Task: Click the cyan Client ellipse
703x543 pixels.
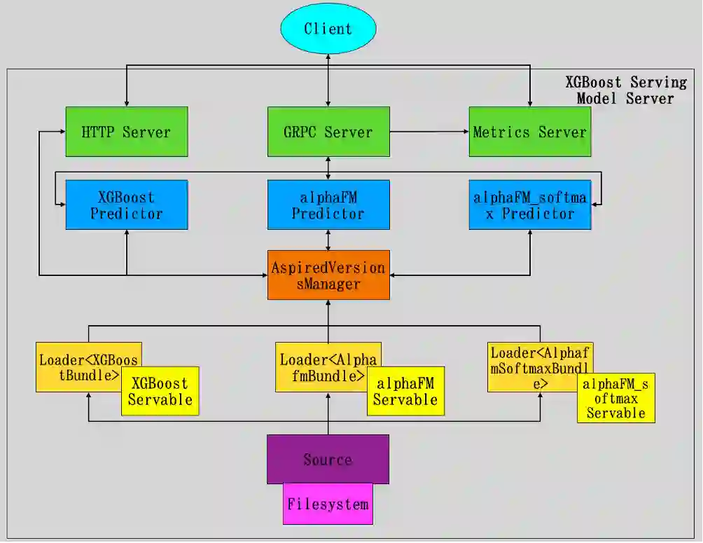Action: pyautogui.click(x=328, y=29)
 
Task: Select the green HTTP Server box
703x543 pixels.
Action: pyautogui.click(x=126, y=132)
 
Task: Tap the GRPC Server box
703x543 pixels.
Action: pyautogui.click(x=328, y=132)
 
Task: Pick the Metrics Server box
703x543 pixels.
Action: pyautogui.click(x=529, y=132)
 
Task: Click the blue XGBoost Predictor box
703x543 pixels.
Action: pyautogui.click(x=126, y=205)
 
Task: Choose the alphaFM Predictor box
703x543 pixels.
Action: pyautogui.click(x=328, y=205)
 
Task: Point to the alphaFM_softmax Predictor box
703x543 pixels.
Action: pyautogui.click(x=529, y=205)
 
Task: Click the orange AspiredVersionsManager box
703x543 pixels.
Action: pyautogui.click(x=328, y=275)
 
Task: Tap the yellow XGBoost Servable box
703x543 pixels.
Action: pyautogui.click(x=160, y=392)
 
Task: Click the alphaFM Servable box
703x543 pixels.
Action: pyautogui.click(x=405, y=392)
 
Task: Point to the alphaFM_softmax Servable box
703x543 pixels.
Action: pyautogui.click(x=616, y=398)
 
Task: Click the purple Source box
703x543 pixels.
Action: pyautogui.click(x=328, y=459)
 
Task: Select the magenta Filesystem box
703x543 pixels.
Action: pyautogui.click(x=328, y=504)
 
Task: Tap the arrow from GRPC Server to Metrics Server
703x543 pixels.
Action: pyautogui.click(x=429, y=132)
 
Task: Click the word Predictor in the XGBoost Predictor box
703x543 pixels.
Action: pyautogui.click(x=127, y=214)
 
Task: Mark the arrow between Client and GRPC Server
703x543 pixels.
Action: pyautogui.click(x=328, y=81)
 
